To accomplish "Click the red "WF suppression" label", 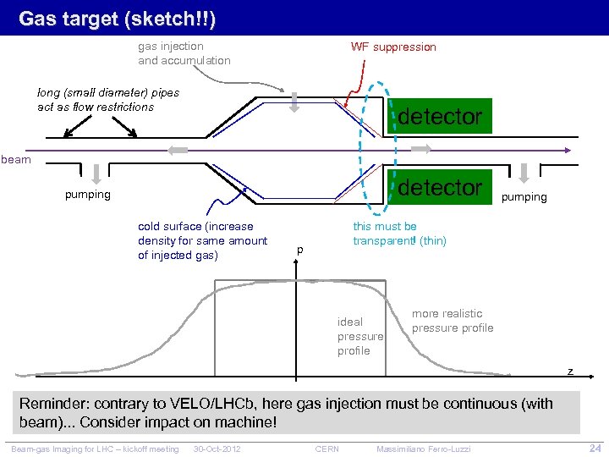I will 393,47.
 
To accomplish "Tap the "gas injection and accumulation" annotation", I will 184,53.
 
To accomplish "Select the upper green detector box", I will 439,117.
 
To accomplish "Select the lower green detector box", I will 439,187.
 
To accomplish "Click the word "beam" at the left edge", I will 16,158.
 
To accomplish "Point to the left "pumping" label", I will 88,195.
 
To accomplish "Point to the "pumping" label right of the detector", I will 524,196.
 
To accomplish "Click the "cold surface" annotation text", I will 202,240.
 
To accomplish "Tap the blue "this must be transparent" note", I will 399,234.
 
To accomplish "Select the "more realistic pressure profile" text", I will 453,321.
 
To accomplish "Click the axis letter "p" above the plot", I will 299,250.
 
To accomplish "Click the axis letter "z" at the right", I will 570,371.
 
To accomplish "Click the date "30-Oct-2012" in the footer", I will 217,448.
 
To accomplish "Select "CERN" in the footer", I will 326,448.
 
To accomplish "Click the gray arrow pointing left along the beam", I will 178,150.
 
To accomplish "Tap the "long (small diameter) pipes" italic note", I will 108,100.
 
